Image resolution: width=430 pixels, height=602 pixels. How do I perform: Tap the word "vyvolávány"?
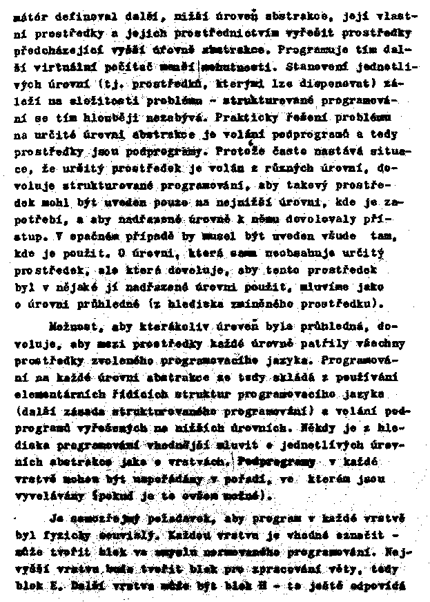(48, 495)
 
